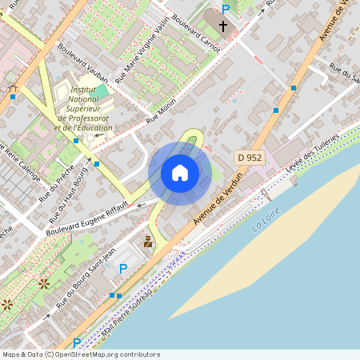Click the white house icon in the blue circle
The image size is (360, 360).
180,172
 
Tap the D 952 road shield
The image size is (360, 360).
250,158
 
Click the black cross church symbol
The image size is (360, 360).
222,26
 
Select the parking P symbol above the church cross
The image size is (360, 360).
226,9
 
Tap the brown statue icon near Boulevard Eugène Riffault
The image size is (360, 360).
148,241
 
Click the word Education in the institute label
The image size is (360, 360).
90,128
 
